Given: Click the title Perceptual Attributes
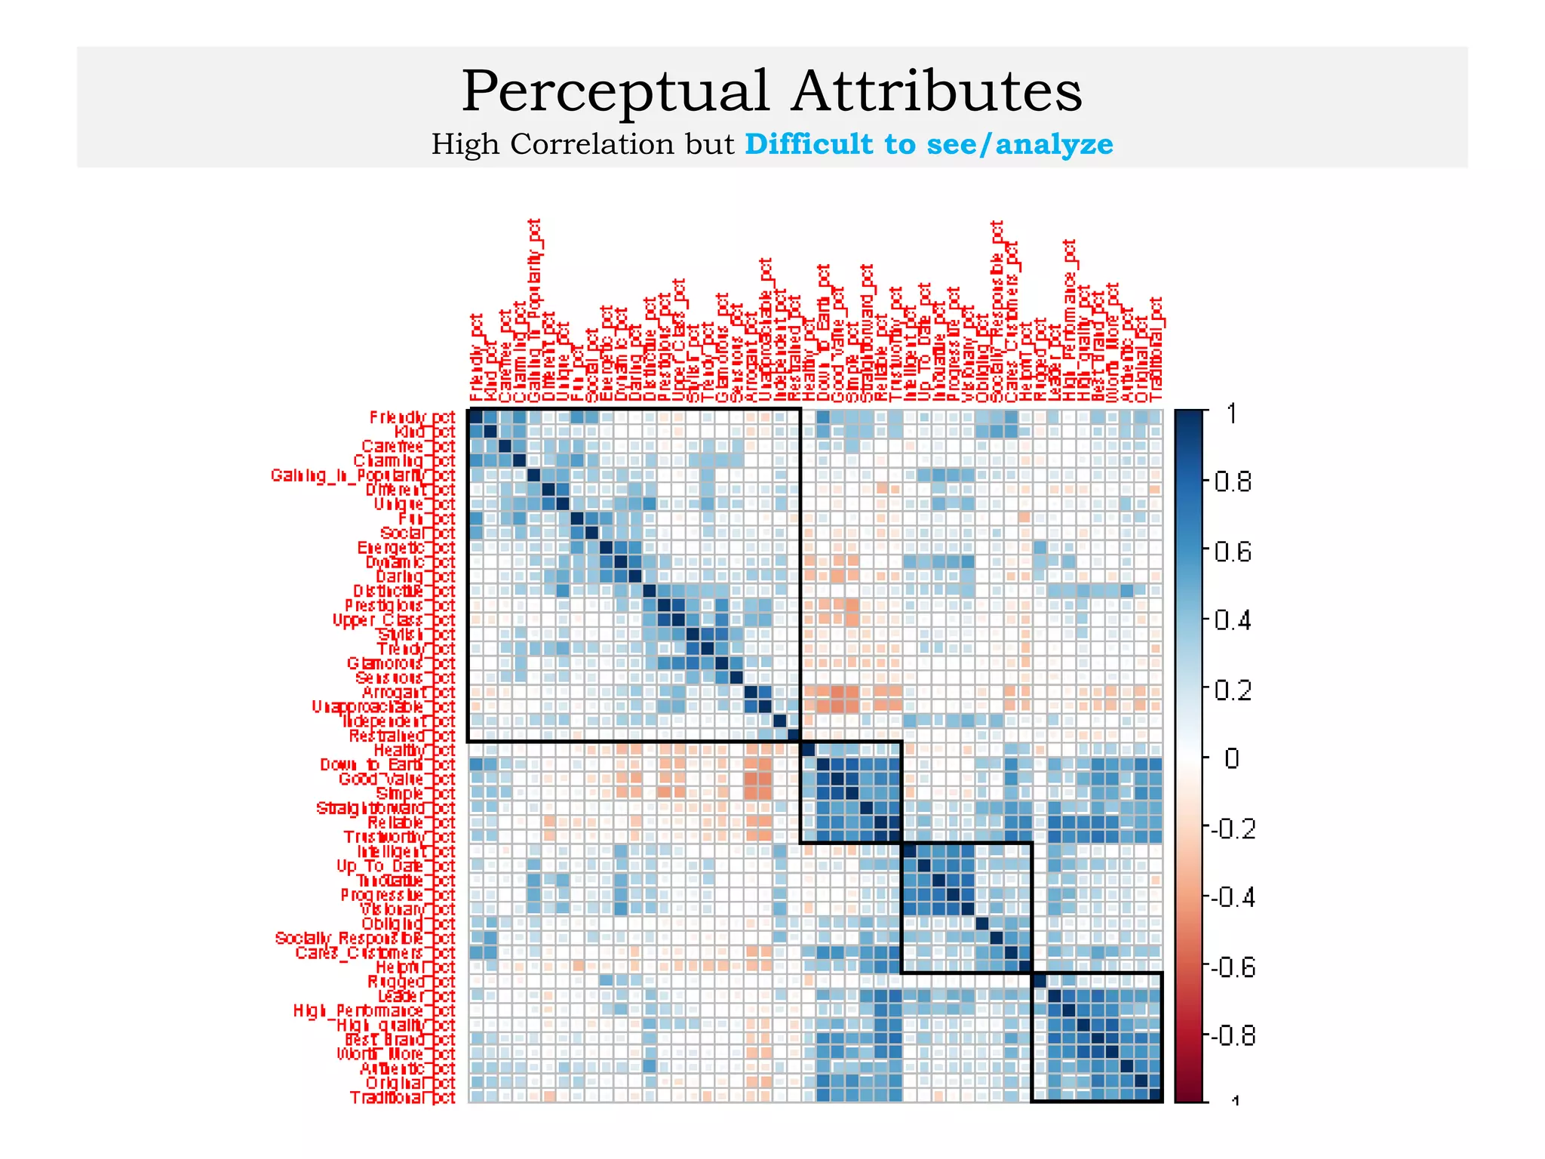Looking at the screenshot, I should point(771,91).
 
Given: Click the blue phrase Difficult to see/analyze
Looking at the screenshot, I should point(929,144).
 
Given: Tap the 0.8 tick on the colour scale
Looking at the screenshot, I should point(1232,481).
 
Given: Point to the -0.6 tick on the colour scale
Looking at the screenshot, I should point(1232,967).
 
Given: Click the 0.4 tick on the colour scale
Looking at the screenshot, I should point(1232,621).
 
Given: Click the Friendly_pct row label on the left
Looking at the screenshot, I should point(412,417).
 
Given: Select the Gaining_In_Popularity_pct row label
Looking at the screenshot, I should point(363,475).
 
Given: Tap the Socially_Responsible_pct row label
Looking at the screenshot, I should point(365,938).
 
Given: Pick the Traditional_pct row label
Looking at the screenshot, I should point(402,1097).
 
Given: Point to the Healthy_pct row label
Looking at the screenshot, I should point(414,750).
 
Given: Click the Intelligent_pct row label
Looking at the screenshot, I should point(406,851).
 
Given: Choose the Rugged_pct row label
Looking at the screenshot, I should point(411,982).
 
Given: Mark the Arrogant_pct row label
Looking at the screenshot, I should point(408,692).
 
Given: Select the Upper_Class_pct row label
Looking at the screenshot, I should point(394,619).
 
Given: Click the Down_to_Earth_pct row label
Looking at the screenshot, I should point(388,764).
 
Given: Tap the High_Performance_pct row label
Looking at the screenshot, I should point(374,1010).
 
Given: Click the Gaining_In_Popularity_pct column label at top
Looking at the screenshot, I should point(534,309).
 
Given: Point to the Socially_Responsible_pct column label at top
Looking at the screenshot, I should point(997,309).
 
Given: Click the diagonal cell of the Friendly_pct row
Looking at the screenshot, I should point(476,417).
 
